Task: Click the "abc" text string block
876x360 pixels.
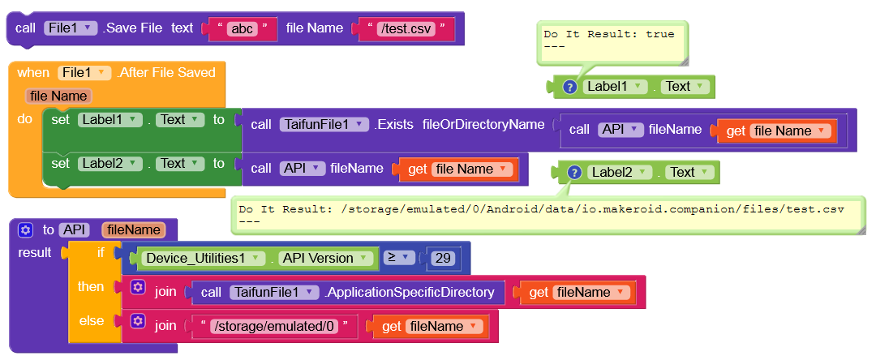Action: click(x=243, y=28)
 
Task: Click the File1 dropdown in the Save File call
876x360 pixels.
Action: click(x=71, y=28)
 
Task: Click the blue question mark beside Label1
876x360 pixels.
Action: click(x=569, y=87)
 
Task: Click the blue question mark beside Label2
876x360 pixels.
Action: click(x=574, y=172)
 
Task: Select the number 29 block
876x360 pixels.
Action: click(x=442, y=258)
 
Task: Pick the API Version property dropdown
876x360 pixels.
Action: click(x=324, y=258)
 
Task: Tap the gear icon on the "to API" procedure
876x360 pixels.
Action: click(x=25, y=229)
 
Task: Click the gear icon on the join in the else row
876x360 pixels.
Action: click(x=138, y=323)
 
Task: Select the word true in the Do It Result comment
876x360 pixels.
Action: click(x=660, y=34)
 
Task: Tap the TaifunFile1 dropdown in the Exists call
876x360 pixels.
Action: click(x=321, y=124)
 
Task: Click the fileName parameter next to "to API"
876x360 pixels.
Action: click(x=133, y=229)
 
